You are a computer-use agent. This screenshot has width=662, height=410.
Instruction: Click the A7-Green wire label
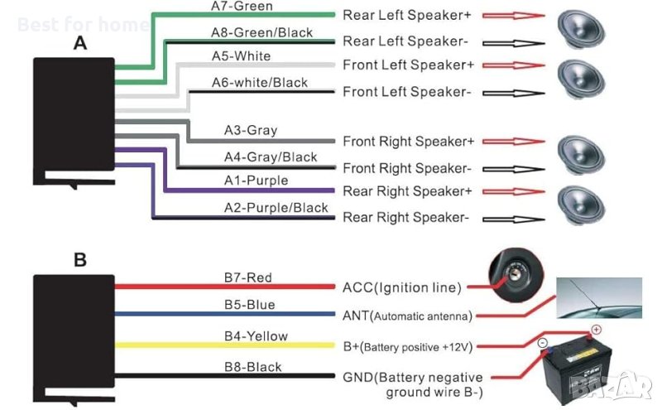tap(242, 7)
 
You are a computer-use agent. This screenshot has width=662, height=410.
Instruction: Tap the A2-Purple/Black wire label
tap(276, 207)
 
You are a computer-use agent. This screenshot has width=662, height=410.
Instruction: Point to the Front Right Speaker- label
tap(407, 168)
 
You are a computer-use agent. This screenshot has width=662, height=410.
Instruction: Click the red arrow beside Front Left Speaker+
tap(513, 65)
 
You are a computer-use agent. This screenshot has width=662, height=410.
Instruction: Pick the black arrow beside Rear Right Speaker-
tap(513, 219)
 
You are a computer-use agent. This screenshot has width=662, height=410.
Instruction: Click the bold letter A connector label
tap(79, 43)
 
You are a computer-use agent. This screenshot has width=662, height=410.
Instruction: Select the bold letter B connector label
tap(79, 260)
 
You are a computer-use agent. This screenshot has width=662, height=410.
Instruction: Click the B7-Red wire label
tap(248, 277)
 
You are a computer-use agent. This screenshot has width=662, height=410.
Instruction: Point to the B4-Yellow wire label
tap(256, 335)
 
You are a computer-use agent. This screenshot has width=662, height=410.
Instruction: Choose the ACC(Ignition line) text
tap(401, 287)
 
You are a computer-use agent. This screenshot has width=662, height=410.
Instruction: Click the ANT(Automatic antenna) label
tap(408, 316)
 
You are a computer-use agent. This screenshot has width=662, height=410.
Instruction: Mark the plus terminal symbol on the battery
tap(596, 330)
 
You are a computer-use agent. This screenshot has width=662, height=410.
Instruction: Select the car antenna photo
tap(598, 298)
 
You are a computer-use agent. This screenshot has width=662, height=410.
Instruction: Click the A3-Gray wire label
tap(251, 130)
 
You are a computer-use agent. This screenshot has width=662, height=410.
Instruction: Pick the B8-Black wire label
tap(252, 367)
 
